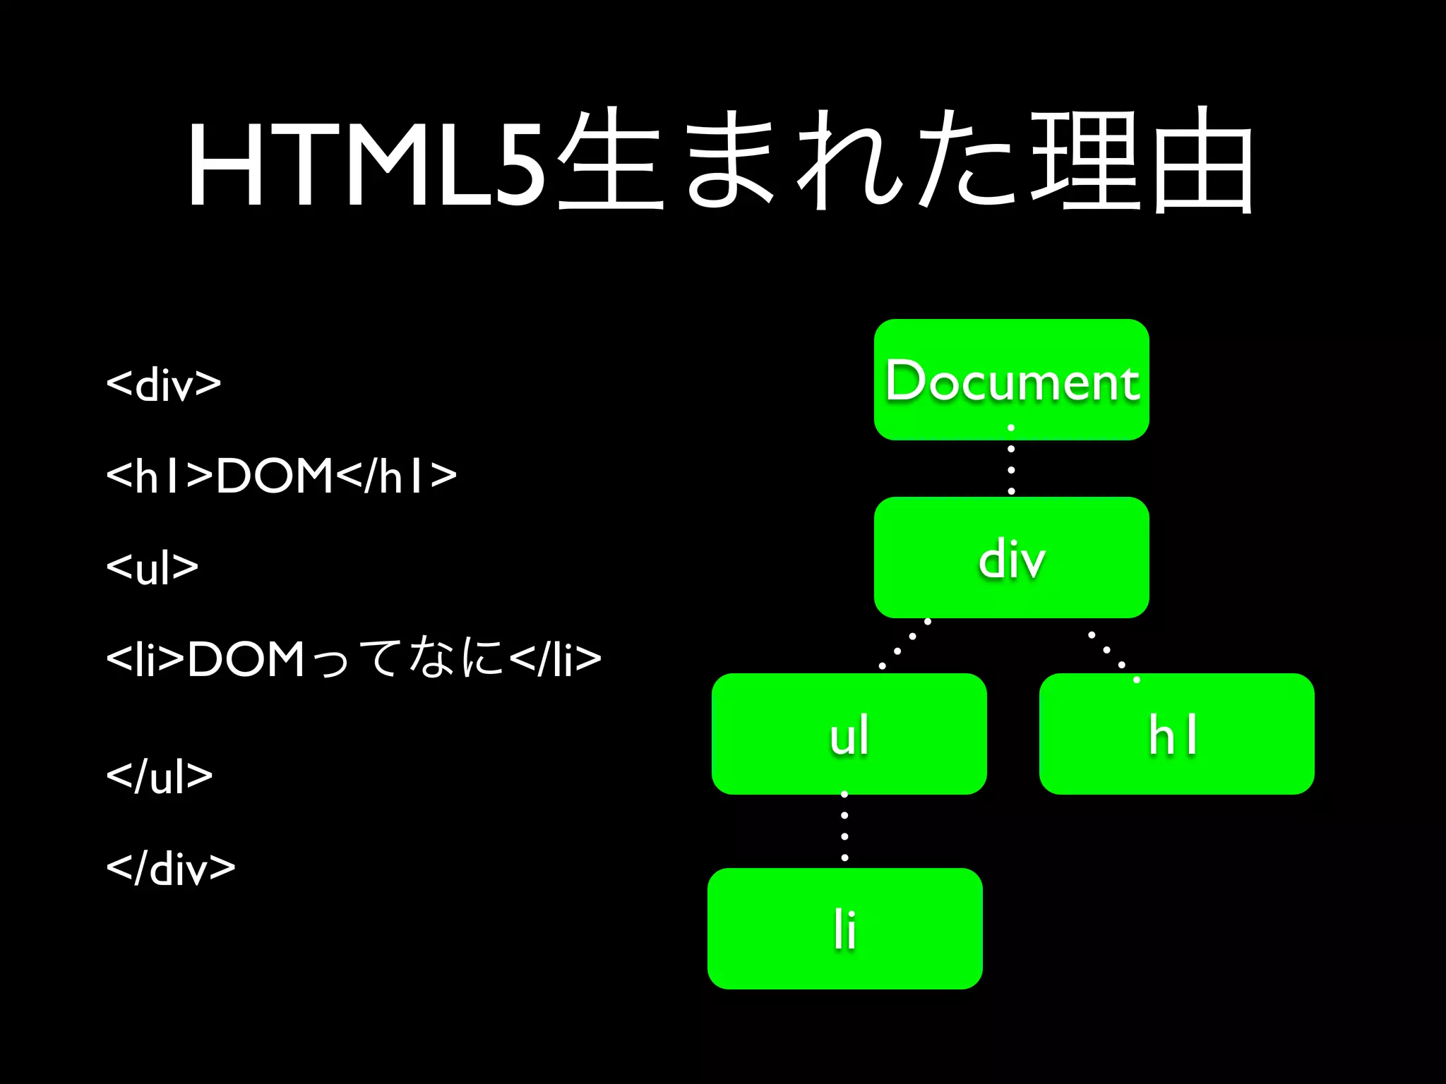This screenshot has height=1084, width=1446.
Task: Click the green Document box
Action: click(1011, 380)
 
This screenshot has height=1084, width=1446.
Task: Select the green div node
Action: click(1011, 558)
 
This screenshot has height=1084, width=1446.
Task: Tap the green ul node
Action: click(849, 734)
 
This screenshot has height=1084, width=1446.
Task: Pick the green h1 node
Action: click(1176, 734)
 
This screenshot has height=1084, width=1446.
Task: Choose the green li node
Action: click(844, 929)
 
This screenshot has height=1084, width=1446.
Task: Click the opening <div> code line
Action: click(164, 385)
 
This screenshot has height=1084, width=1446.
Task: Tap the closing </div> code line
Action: click(170, 868)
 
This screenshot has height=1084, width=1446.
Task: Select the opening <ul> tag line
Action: click(153, 567)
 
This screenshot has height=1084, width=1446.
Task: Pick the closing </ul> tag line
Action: click(160, 776)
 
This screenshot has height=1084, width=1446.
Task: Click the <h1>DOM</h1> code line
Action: click(281, 476)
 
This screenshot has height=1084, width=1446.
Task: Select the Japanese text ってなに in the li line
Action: click(408, 658)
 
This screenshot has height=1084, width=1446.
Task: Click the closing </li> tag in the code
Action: click(555, 658)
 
